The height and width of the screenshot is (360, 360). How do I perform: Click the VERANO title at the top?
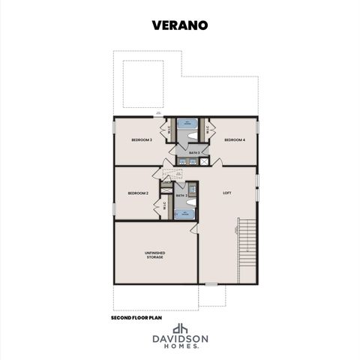tap(180, 24)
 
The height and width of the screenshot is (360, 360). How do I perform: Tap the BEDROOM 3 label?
tap(142, 140)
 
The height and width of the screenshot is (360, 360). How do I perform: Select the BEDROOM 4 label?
tap(234, 140)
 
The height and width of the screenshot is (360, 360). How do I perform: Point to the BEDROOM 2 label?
tap(138, 193)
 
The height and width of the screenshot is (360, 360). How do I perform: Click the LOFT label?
tap(227, 193)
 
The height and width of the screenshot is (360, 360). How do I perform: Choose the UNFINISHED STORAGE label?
tap(154, 256)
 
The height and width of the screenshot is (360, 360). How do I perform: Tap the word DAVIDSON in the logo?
tap(180, 339)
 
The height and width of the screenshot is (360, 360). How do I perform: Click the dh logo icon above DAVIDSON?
tap(180, 328)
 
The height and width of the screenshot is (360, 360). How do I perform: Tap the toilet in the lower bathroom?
tap(190, 201)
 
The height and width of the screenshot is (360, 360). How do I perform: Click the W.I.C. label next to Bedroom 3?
tap(170, 129)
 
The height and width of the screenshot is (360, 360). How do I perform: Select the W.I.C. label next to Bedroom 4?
tap(206, 129)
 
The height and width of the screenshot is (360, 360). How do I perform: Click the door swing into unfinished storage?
tap(193, 228)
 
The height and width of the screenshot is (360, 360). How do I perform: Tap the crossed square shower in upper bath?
tap(193, 160)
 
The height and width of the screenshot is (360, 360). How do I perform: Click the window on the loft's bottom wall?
tap(211, 284)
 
